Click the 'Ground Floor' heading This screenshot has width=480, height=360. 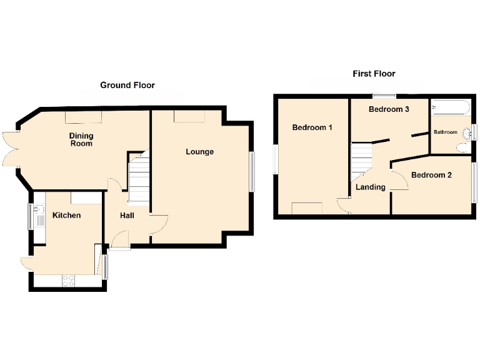pos(127,85)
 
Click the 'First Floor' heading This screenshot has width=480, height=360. pos(374,74)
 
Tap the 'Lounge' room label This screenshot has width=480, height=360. pos(199,152)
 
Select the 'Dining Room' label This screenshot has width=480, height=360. pos(81,139)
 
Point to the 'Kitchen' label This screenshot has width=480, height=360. pos(66,216)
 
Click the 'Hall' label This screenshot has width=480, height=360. pos(127,216)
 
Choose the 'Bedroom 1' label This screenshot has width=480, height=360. pos(312,127)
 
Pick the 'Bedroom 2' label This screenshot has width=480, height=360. pos(431,175)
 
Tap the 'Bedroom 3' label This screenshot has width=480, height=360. pos(389,109)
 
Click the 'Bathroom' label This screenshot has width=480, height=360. pos(446,132)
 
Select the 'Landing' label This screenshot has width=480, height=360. pos(371,187)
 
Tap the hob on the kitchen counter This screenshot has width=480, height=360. pos(68,281)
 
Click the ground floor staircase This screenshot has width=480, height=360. pos(139,178)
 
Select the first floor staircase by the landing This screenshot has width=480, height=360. pos(360,159)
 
